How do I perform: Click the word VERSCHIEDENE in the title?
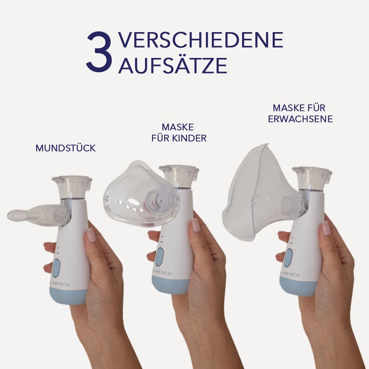(201, 40)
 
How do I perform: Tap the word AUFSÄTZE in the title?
(172, 65)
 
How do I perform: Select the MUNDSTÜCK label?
(66, 148)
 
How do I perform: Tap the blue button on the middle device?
(160, 257)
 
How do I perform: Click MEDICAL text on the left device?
(61, 284)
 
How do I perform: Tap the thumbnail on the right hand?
(326, 228)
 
